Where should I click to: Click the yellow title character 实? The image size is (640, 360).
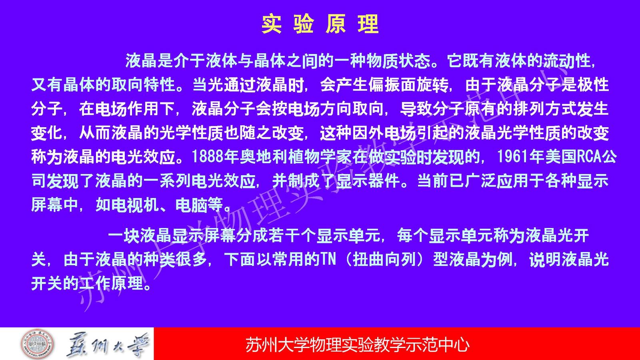coord(272,24)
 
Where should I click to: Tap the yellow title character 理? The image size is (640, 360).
coord(368,24)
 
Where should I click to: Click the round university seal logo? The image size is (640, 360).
coord(38,344)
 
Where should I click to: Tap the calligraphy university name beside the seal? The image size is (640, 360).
coord(108,345)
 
